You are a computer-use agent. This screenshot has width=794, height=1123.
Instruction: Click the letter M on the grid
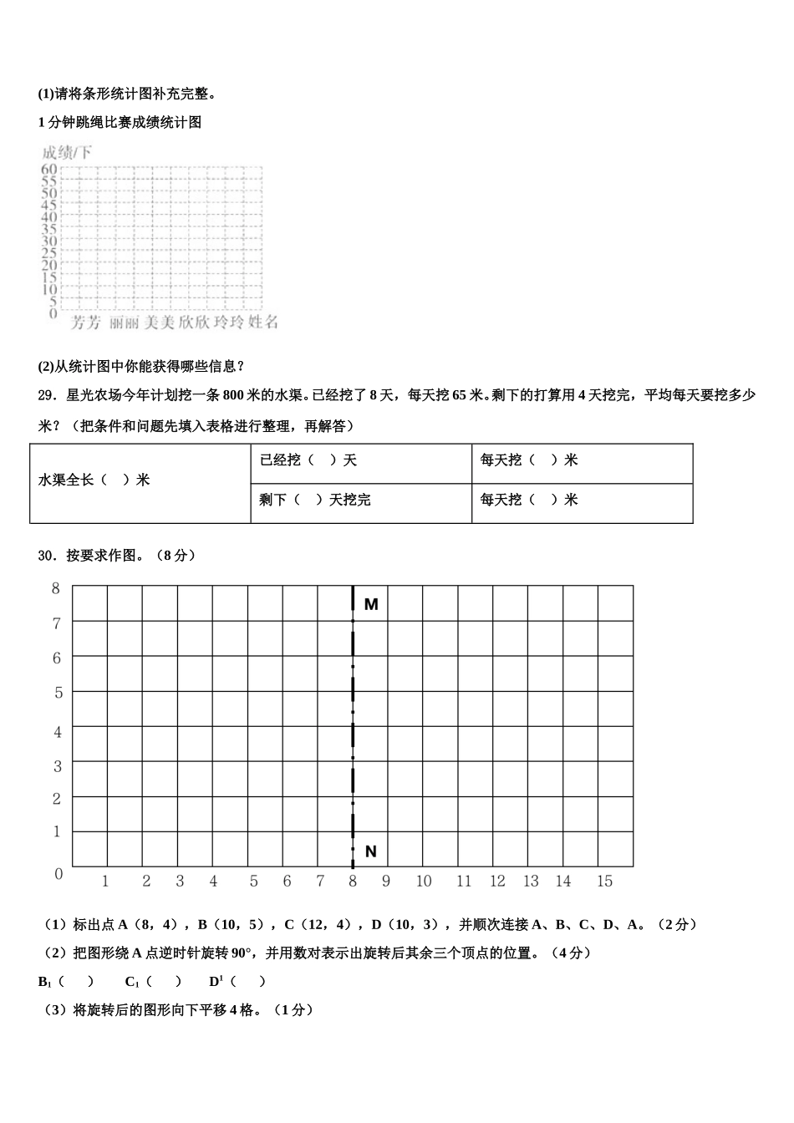371,604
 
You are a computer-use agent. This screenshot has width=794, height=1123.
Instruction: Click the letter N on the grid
371,851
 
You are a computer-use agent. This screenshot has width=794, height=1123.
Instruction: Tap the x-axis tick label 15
604,882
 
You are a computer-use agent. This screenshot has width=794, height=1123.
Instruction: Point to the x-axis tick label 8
353,882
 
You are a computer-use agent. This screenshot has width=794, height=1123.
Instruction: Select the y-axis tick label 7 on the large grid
57,623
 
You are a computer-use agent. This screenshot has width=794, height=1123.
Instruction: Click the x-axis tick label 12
497,882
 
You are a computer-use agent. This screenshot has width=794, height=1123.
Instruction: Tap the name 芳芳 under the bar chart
85,323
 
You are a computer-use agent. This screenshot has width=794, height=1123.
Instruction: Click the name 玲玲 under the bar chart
228,323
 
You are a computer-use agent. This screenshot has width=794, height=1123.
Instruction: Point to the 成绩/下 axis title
67,152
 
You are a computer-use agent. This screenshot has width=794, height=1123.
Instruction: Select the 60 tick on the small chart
48,169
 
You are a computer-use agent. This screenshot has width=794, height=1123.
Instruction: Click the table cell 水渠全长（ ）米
94,480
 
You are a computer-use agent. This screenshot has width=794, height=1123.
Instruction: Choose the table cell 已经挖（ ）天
308,460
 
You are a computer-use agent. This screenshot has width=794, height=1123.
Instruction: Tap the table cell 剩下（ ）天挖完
314,500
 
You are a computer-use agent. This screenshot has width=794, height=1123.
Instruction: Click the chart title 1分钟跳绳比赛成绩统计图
120,123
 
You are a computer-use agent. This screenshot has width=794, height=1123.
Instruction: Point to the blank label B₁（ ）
65,982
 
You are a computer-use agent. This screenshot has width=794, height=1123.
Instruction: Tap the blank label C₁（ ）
153,982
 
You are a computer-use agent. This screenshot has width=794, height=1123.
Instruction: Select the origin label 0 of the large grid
59,874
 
